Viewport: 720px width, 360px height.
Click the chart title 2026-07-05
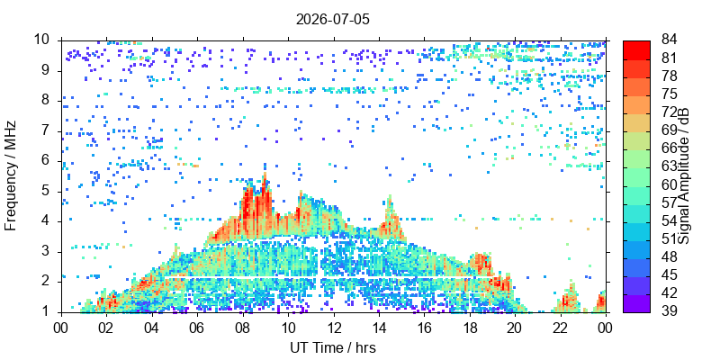pyautogui.click(x=332, y=20)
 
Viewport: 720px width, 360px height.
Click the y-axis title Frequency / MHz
pyautogui.click(x=11, y=176)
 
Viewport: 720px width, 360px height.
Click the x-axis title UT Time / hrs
pyautogui.click(x=333, y=347)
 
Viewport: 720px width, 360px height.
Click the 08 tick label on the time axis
pyautogui.click(x=242, y=328)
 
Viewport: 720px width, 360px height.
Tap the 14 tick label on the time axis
pyautogui.click(x=379, y=328)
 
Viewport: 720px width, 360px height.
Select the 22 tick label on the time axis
pyautogui.click(x=561, y=328)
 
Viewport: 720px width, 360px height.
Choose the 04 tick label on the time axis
pyautogui.click(x=151, y=328)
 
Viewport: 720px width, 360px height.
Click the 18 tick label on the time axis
pyautogui.click(x=470, y=328)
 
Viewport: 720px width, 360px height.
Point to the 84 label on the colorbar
pyautogui.click(x=669, y=40)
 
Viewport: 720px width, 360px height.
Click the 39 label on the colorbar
pyautogui.click(x=669, y=311)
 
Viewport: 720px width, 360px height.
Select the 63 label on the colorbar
pyautogui.click(x=669, y=166)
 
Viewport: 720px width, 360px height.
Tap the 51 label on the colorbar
pyautogui.click(x=669, y=239)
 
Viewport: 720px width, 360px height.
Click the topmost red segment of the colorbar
pyautogui.click(x=636, y=49)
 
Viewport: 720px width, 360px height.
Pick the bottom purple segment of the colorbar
pyautogui.click(x=636, y=303)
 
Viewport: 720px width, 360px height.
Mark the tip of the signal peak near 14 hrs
pyautogui.click(x=390, y=195)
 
